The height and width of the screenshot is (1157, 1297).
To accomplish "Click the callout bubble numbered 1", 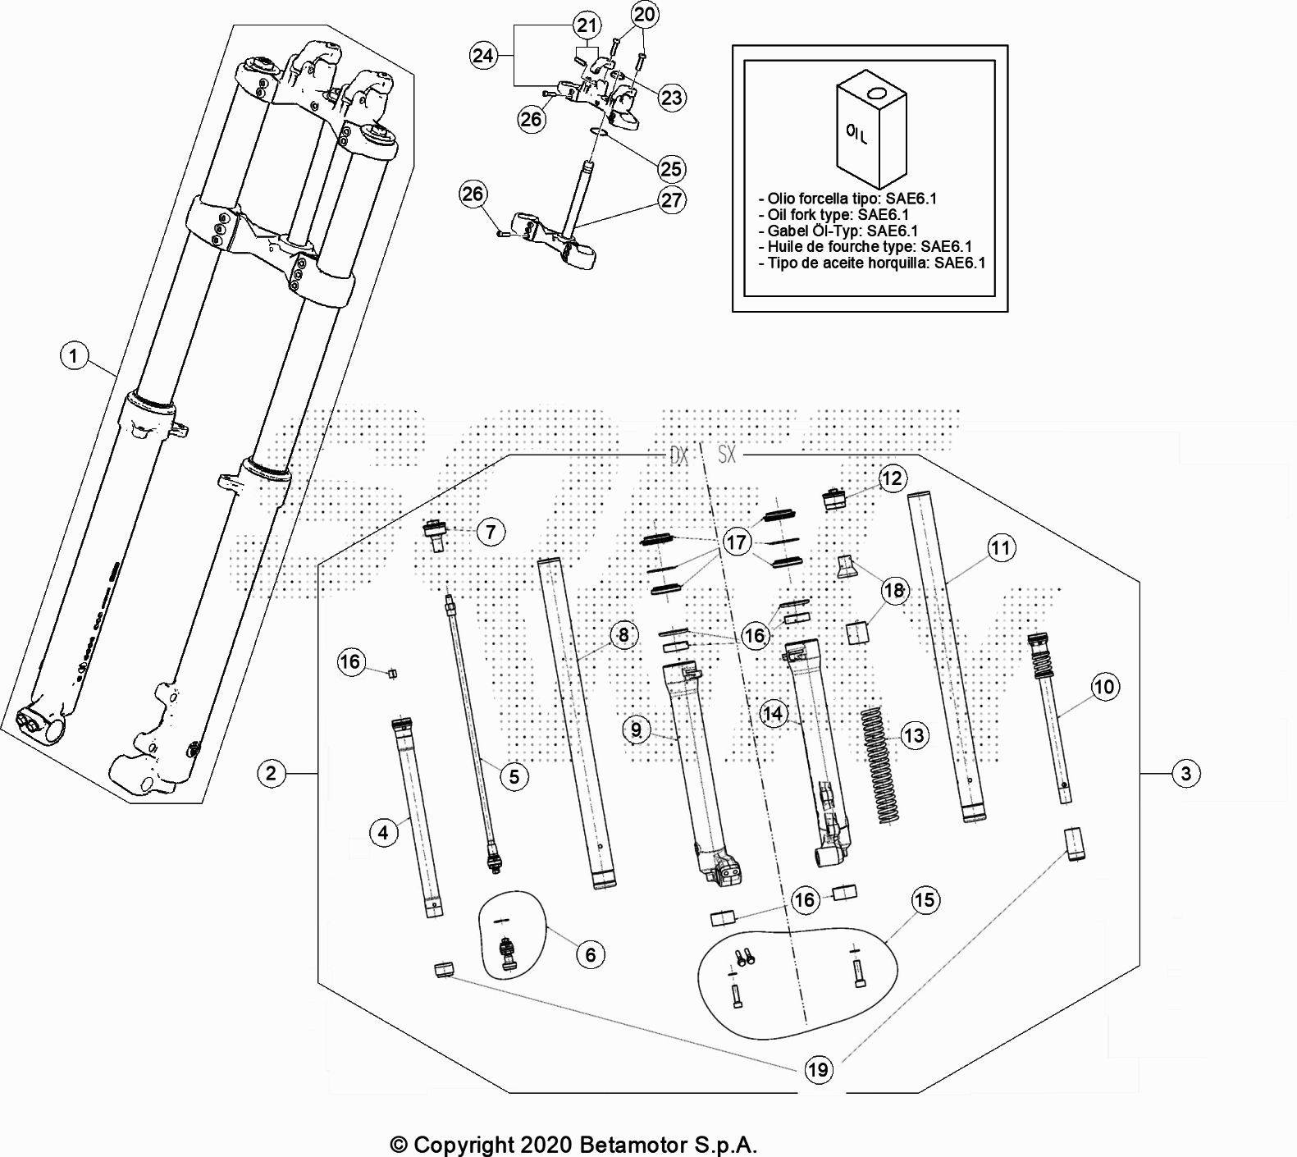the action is tap(75, 355).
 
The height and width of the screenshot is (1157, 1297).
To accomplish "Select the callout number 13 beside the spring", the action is tap(914, 735).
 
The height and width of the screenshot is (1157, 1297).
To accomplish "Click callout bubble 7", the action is tap(491, 532).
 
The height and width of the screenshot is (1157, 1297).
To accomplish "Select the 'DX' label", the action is tap(679, 455).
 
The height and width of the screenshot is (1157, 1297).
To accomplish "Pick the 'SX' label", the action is tap(727, 454).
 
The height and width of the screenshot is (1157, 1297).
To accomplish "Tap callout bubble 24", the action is tap(483, 55).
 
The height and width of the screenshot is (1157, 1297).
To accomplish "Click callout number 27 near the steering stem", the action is tap(672, 200).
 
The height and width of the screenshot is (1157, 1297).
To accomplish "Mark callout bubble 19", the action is tap(818, 1069).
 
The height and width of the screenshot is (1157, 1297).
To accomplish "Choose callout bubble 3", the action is tap(1186, 773).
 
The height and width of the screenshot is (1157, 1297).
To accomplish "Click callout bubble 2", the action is tap(272, 773).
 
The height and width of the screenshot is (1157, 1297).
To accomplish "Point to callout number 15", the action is tap(925, 900).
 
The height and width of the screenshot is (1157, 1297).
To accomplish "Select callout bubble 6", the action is tap(591, 954).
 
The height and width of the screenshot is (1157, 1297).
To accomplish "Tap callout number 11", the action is tap(1001, 548).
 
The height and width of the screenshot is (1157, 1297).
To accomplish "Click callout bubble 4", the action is tap(383, 833).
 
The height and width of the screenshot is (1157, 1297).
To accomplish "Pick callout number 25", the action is tap(671, 169).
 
